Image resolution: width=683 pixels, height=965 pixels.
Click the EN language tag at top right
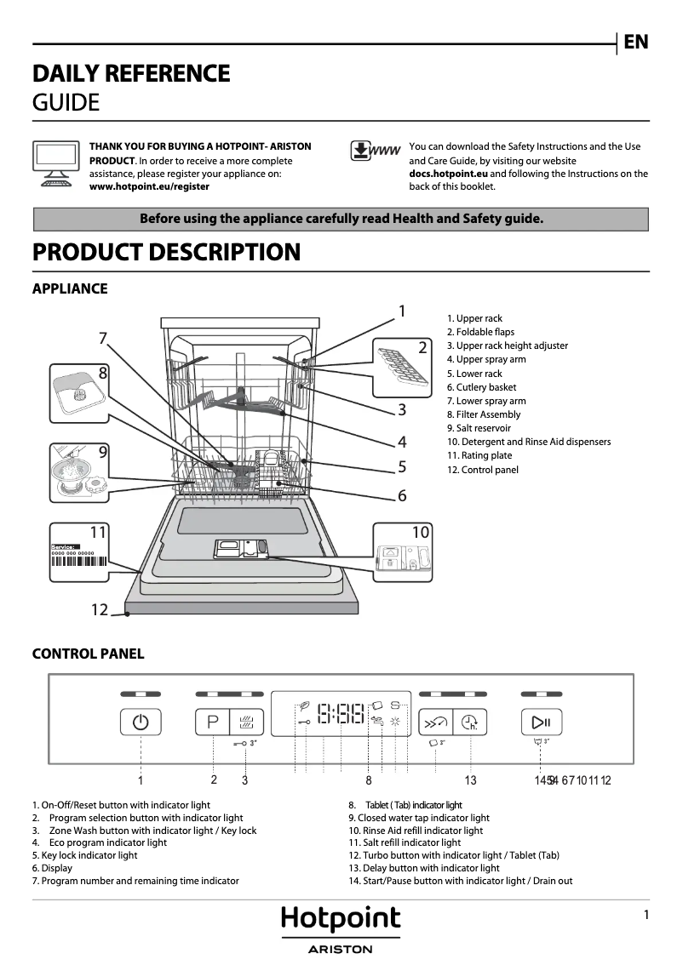click(635, 42)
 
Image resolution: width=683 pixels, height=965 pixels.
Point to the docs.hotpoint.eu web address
click(448, 174)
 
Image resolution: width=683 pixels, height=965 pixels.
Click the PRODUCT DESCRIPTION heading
click(166, 253)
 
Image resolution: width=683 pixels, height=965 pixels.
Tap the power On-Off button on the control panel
click(141, 723)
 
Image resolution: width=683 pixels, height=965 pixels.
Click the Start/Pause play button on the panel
click(542, 723)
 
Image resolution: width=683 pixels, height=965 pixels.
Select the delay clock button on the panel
click(469, 723)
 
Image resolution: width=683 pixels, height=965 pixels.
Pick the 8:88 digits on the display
click(341, 713)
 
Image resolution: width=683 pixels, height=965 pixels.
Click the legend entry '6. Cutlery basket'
click(481, 387)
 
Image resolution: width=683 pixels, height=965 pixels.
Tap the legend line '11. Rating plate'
click(479, 455)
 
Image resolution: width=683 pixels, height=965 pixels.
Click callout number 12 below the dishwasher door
click(100, 609)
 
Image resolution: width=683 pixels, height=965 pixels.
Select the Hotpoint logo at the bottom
click(341, 919)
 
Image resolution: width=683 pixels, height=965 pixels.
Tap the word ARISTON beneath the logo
click(341, 949)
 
